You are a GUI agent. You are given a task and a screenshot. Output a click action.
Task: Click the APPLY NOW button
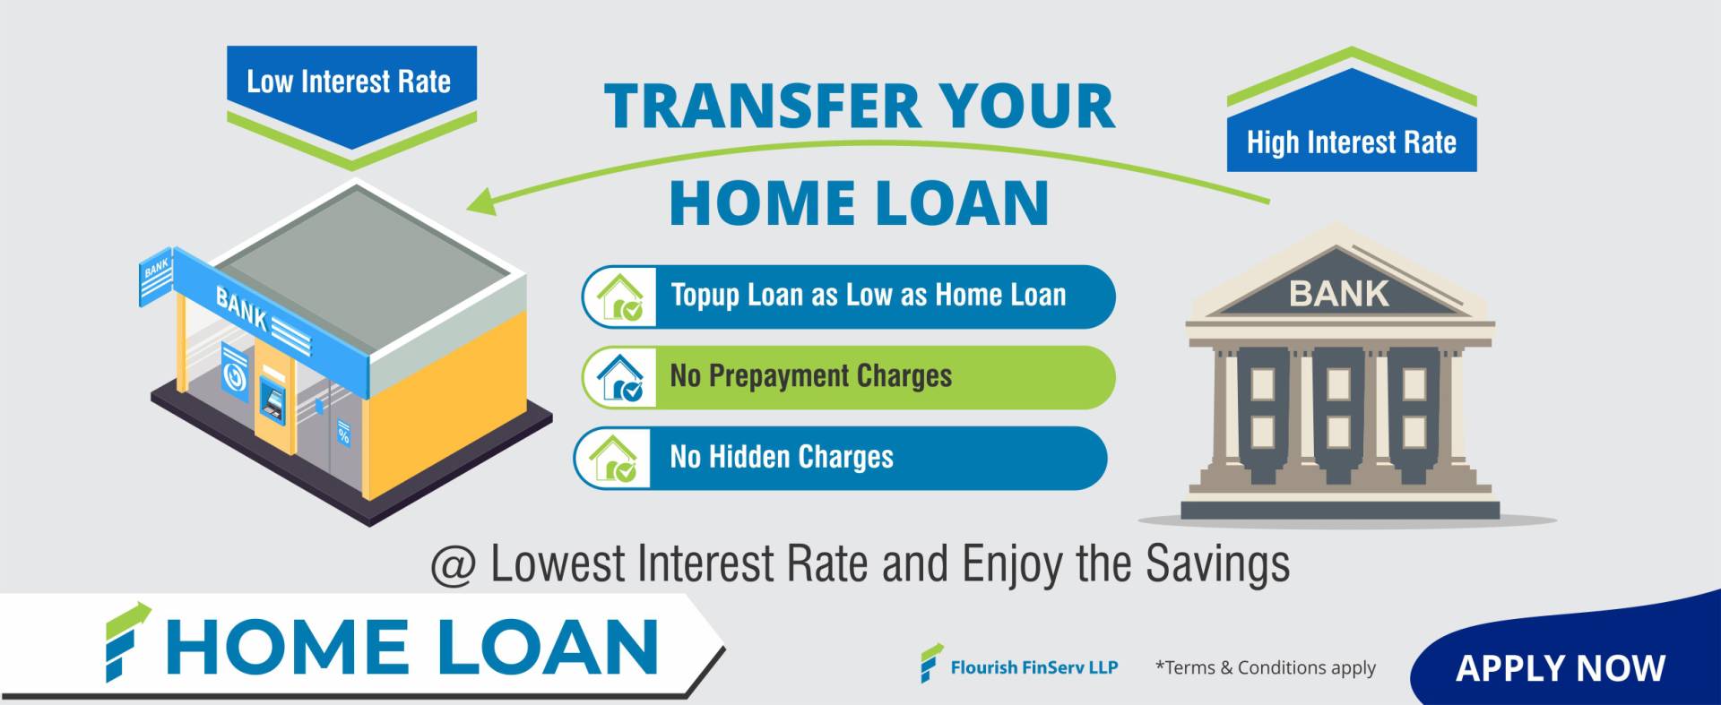click(1561, 668)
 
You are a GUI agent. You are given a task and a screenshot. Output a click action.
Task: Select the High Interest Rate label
click(1351, 142)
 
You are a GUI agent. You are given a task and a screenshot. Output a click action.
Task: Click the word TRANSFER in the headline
click(762, 107)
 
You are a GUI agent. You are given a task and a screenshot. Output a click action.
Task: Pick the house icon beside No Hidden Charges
click(614, 458)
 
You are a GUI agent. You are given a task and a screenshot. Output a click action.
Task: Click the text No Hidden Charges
click(782, 457)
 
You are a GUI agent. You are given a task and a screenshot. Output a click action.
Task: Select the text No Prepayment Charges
click(811, 376)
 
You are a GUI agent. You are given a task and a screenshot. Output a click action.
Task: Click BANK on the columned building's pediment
click(1339, 294)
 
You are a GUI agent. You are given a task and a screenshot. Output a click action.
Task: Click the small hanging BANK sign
click(155, 277)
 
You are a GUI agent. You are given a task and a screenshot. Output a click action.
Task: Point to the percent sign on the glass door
click(343, 434)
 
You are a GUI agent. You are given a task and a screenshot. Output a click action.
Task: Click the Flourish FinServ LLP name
click(1034, 667)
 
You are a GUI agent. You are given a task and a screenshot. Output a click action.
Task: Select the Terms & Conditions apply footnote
click(1266, 667)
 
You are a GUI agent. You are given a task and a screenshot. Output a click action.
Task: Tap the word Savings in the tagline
click(1217, 564)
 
